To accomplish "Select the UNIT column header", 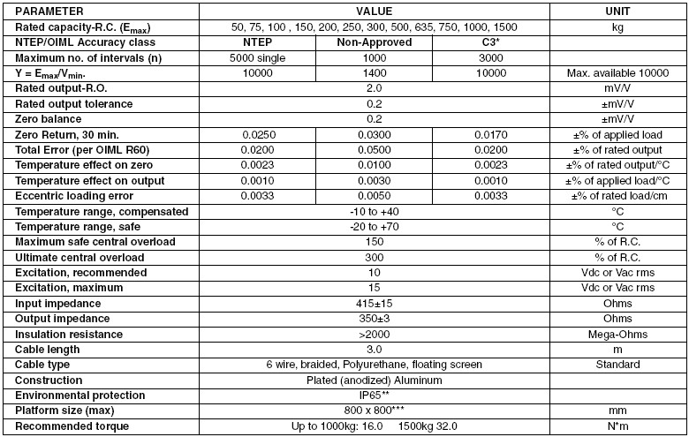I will pyautogui.click(x=617, y=12).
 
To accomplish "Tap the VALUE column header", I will pyautogui.click(x=373, y=12).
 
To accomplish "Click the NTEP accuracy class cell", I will pyautogui.click(x=267, y=41).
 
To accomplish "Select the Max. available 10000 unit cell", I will pyautogui.click(x=617, y=72).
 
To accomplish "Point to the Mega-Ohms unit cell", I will pyautogui.click(x=617, y=334).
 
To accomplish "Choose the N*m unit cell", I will pyautogui.click(x=617, y=426).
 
